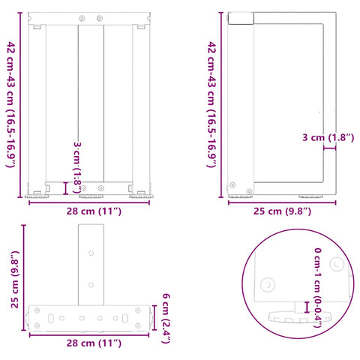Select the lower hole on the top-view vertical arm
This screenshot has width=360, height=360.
click(x=91, y=284)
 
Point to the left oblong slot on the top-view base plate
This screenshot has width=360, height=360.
click(x=49, y=317)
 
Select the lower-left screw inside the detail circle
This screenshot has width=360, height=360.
click(x=267, y=285)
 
